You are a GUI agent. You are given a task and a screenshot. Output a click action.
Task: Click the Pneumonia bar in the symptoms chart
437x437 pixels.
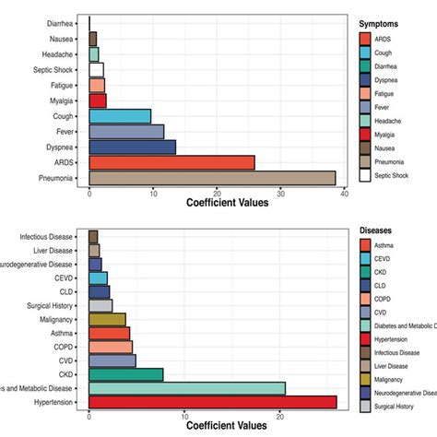click(212, 178)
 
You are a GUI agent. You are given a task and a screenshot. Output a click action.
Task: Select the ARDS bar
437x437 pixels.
click(171, 162)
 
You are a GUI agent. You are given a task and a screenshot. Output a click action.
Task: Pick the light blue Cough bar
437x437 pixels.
click(120, 116)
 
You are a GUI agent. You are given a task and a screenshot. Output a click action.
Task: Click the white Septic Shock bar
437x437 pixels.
click(96, 69)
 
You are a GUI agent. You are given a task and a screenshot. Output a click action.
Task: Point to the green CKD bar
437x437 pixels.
click(125, 374)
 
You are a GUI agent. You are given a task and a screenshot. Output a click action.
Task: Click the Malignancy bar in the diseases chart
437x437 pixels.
click(107, 319)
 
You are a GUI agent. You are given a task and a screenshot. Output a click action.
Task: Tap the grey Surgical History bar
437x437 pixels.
click(100, 305)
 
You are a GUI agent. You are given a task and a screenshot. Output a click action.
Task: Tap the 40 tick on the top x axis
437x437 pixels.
click(344, 194)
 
